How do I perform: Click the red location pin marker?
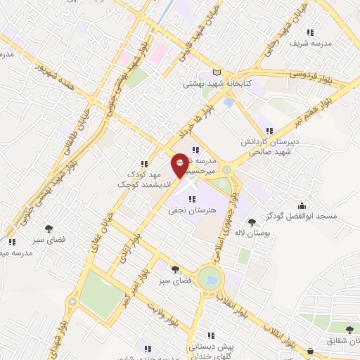point(180,165)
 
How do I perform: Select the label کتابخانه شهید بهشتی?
point(216,84)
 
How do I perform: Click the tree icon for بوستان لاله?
point(251,222)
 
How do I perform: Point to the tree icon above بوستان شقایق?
point(349,328)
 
